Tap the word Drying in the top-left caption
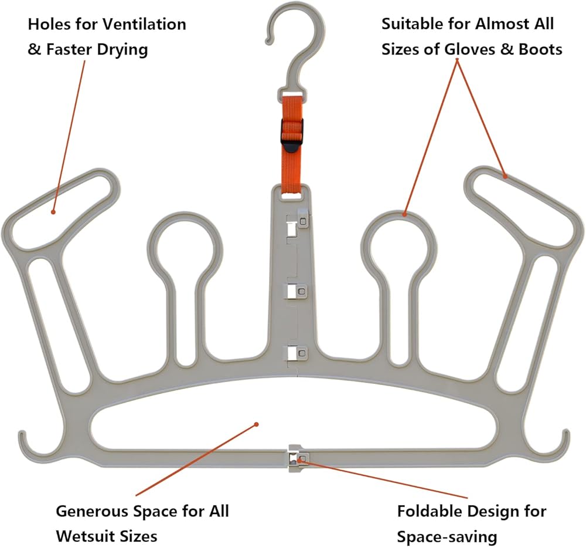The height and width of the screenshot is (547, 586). tap(122, 50)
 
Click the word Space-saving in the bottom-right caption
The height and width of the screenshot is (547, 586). tap(447, 537)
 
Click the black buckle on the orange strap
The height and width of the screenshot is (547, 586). tap(292, 135)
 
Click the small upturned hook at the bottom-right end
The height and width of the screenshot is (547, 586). tap(561, 445)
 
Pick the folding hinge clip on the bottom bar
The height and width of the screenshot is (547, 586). tap(297, 458)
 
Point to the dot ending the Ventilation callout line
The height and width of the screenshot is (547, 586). tap(53, 212)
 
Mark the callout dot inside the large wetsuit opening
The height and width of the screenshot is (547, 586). tap(257, 424)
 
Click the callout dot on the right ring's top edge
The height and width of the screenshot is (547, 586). tap(404, 215)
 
